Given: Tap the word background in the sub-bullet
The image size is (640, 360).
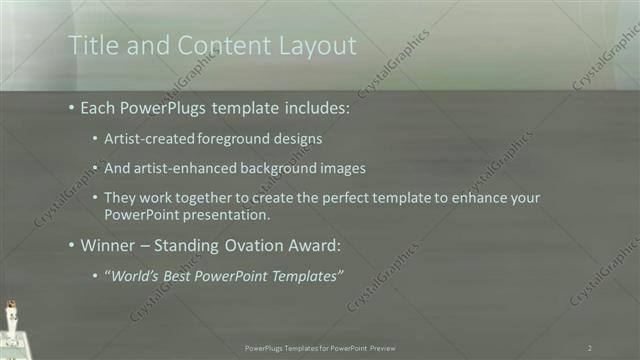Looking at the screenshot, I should pos(288,168).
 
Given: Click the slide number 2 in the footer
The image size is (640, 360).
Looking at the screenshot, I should pos(590,347).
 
